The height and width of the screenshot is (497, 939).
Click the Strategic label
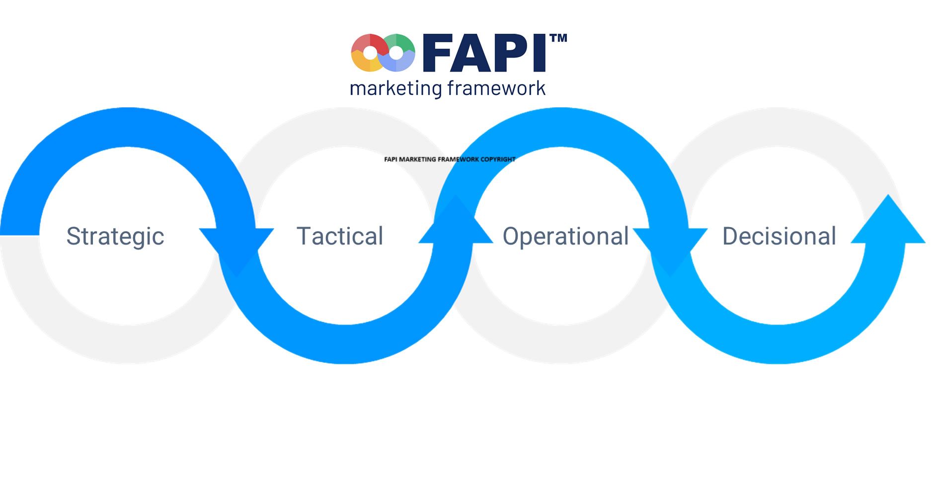(x=115, y=237)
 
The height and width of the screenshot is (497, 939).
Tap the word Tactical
(x=340, y=236)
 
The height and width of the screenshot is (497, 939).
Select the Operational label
(x=566, y=236)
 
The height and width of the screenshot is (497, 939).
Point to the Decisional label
(x=779, y=236)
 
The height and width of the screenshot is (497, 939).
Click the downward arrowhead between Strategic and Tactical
(x=236, y=248)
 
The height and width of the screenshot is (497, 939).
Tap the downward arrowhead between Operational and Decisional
(x=670, y=248)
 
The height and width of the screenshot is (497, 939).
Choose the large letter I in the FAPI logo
(x=541, y=53)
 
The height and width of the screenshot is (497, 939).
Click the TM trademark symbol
(x=558, y=38)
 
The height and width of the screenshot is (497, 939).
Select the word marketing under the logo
(x=396, y=88)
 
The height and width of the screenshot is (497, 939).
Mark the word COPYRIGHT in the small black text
(x=498, y=160)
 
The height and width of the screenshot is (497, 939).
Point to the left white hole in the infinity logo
(x=370, y=53)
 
